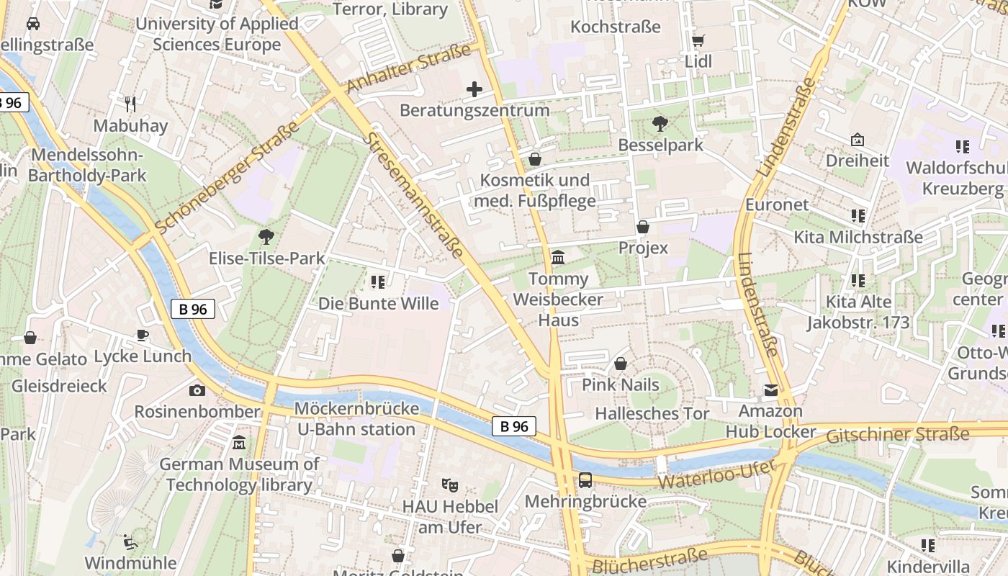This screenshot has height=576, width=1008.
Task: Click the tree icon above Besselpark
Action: (660, 124)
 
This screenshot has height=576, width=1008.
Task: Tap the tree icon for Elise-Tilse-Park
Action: (266, 236)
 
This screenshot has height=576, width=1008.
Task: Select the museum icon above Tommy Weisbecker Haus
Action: (558, 257)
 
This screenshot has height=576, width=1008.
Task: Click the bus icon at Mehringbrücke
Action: (585, 480)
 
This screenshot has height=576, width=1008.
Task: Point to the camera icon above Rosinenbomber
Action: (197, 390)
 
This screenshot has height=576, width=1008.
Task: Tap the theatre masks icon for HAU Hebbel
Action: (450, 485)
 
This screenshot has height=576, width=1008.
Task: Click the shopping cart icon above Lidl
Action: (698, 40)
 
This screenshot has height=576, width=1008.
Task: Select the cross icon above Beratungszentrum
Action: (474, 89)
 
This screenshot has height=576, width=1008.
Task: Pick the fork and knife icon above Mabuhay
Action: (130, 104)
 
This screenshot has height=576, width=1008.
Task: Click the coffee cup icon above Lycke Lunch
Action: (143, 335)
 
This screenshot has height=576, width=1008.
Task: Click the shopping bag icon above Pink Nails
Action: (620, 364)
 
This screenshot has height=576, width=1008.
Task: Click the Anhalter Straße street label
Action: (408, 68)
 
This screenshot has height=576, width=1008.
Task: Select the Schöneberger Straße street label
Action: (226, 178)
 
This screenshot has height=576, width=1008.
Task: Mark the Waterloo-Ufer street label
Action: (717, 474)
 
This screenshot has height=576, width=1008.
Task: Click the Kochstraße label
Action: (615, 27)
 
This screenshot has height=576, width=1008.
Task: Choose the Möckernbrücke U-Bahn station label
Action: (357, 419)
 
